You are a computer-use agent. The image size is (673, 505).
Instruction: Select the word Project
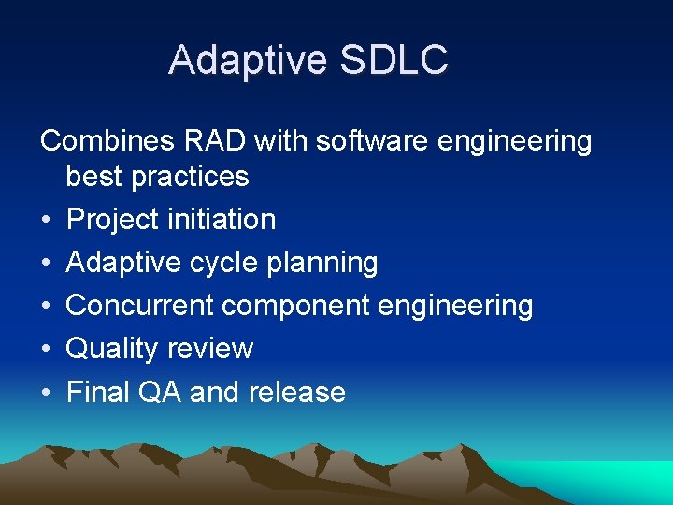(113, 220)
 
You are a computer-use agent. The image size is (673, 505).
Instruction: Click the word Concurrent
(140, 306)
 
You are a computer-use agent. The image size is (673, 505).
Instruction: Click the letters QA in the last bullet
(159, 392)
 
